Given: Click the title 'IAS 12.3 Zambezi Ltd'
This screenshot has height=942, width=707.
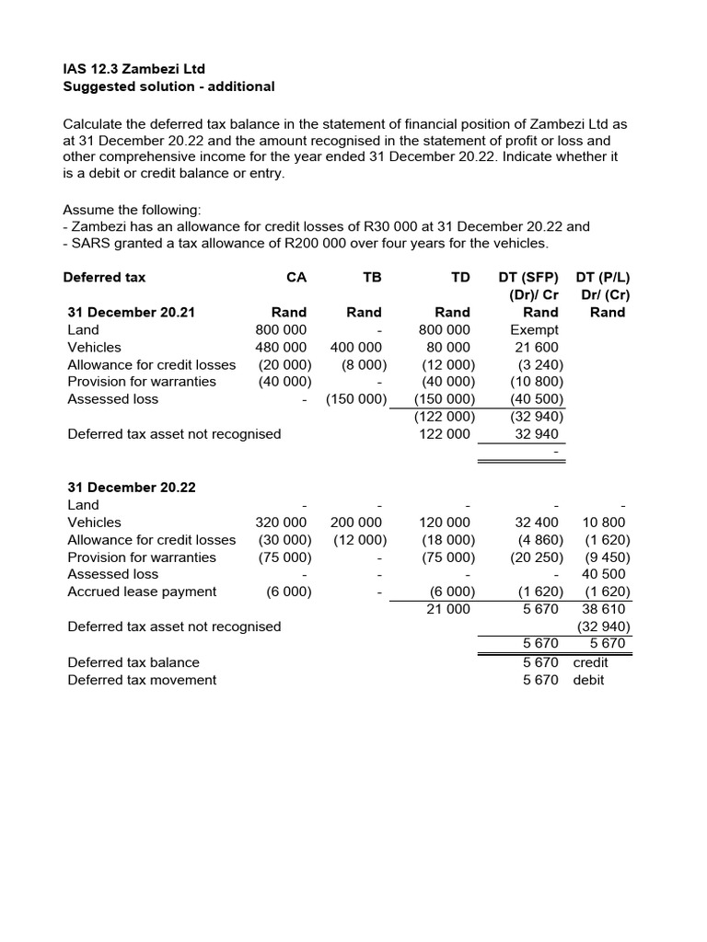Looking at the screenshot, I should pyautogui.click(x=133, y=69).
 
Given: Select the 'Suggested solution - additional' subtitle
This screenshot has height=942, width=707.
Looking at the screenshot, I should pyautogui.click(x=168, y=86).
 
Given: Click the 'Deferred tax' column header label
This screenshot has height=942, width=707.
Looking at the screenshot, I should pyautogui.click(x=104, y=277).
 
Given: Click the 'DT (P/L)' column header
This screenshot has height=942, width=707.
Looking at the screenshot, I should pyautogui.click(x=603, y=277).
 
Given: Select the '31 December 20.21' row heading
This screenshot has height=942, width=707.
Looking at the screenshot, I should pyautogui.click(x=131, y=312).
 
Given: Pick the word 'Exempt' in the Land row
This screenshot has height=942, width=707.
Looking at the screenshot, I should pyautogui.click(x=534, y=329).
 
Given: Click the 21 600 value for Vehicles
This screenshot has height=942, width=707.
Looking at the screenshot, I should pyautogui.click(x=537, y=347).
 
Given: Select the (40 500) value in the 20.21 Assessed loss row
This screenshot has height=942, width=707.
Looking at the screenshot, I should pyautogui.click(x=535, y=399).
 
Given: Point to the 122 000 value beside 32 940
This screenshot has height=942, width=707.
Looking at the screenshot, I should pyautogui.click(x=446, y=434).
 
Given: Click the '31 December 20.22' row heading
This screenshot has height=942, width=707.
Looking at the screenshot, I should pyautogui.click(x=131, y=488).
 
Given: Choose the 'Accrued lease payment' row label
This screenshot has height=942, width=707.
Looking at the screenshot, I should pyautogui.click(x=142, y=592).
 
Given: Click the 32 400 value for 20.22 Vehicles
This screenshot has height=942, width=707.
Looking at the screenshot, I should pyautogui.click(x=537, y=523).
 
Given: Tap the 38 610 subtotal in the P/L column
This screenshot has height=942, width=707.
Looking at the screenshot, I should pyautogui.click(x=604, y=609).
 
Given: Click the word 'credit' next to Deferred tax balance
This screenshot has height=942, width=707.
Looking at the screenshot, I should pyautogui.click(x=590, y=662).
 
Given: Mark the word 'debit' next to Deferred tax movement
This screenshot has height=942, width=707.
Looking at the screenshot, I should pyautogui.click(x=589, y=680).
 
